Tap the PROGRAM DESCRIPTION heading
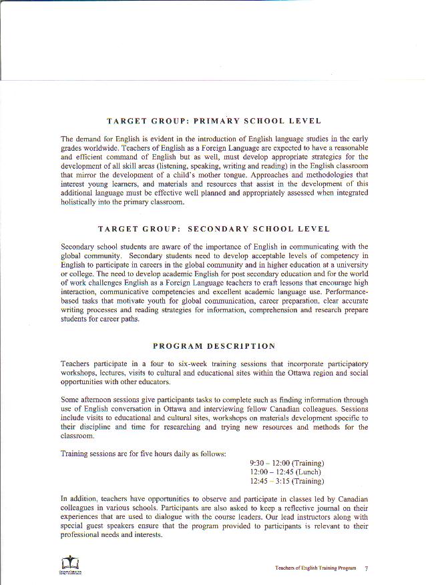[x=214, y=346]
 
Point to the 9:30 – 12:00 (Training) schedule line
[x=286, y=463]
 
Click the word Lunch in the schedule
[x=308, y=472]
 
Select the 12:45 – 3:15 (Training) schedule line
[x=286, y=481]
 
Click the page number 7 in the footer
[x=367, y=568]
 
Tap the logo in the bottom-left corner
[x=69, y=564]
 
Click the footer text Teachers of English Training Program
[x=316, y=568]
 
